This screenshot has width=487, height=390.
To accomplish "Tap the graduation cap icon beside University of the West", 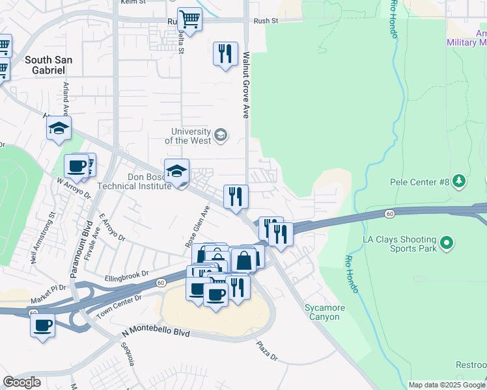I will pos(221,135).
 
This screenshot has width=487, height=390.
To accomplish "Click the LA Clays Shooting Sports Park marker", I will pos(446,244).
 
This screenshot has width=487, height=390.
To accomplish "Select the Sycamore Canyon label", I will pos(322,312).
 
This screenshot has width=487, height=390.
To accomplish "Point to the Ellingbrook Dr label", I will pos(128,277).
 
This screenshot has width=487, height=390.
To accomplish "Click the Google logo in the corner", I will pos(21,382).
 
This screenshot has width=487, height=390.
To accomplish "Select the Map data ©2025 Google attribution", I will pos(447,385).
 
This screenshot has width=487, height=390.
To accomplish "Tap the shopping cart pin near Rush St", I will pos(189,20).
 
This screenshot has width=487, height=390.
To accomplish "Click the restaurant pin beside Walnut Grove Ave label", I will pos(225,53).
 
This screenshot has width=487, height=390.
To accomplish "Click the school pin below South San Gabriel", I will pos(59,128).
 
